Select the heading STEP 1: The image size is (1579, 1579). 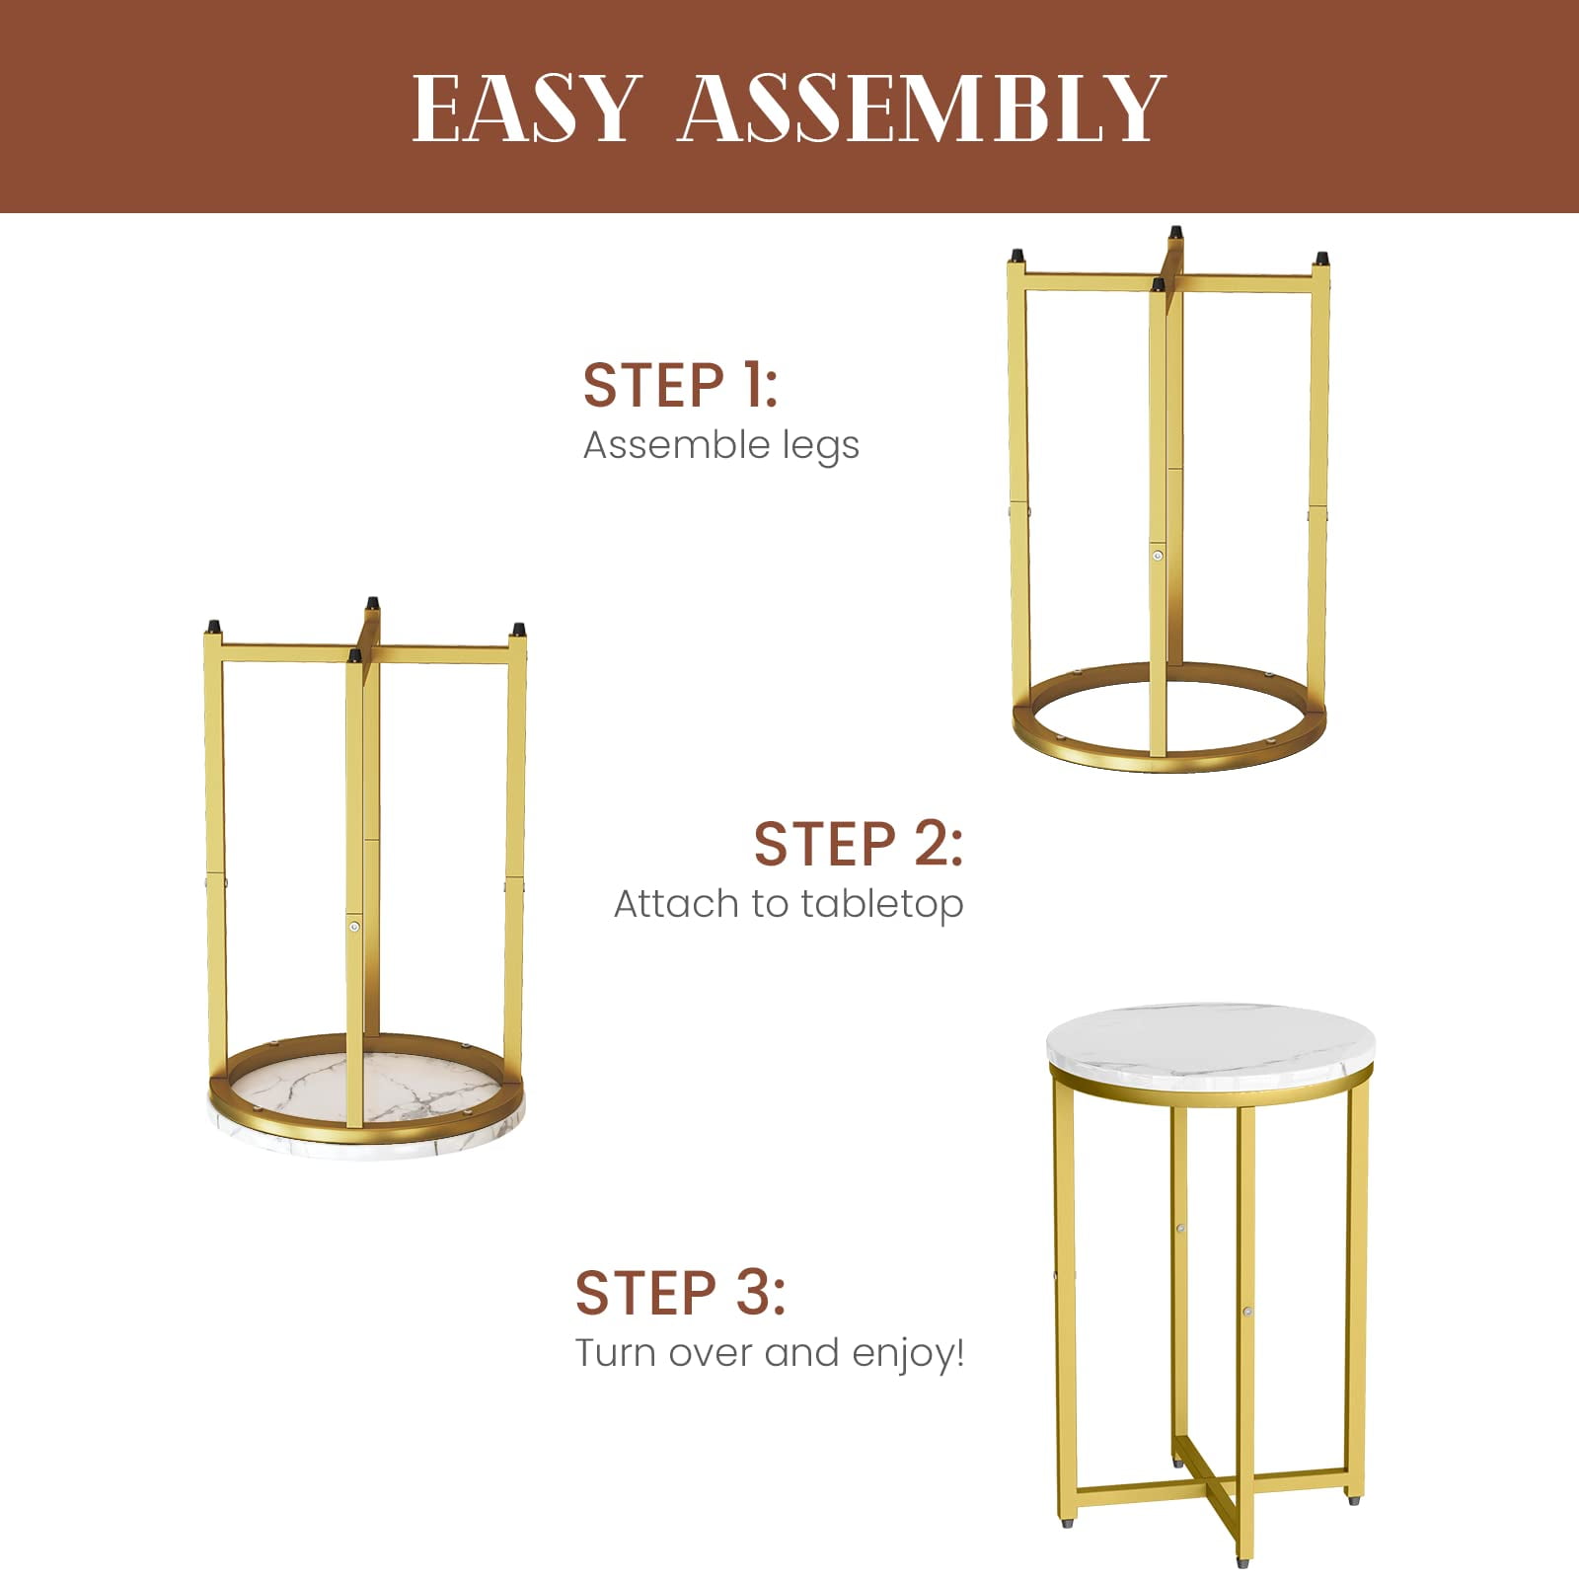click(680, 384)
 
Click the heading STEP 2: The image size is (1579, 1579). click(859, 844)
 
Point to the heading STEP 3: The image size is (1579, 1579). click(680, 1293)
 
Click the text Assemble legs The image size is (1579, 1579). click(721, 445)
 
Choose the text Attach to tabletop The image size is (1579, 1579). click(789, 903)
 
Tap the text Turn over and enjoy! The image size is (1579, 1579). click(770, 1352)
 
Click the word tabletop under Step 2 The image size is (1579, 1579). click(882, 903)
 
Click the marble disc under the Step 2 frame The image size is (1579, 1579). click(366, 1105)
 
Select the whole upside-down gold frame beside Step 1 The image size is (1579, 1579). click(1169, 499)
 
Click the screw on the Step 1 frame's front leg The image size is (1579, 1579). click(1158, 556)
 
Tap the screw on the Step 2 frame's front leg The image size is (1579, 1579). click(353, 927)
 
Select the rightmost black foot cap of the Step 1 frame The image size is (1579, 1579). click(1320, 259)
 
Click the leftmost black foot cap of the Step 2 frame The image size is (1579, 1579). click(212, 627)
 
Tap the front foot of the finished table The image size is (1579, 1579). click(1242, 1560)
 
